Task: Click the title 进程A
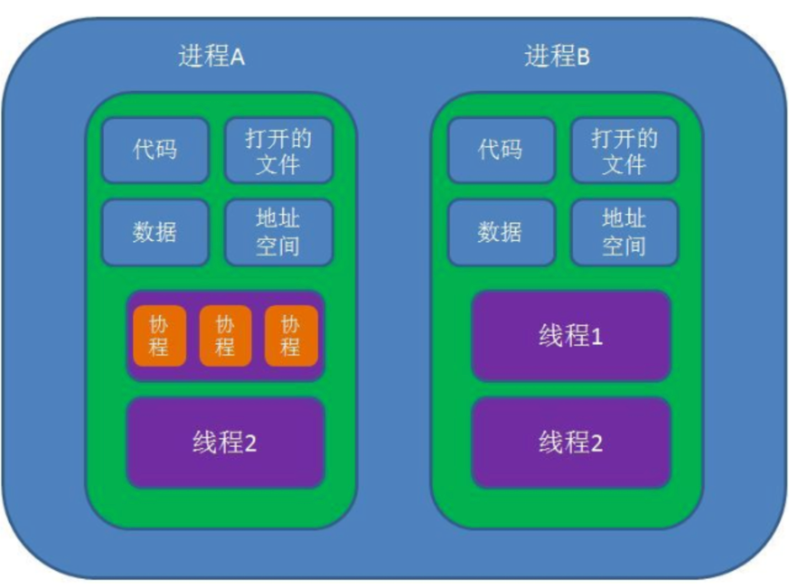212,57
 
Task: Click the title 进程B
557,57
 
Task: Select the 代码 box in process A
155,150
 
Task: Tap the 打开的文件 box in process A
279,150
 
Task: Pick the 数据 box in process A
155,233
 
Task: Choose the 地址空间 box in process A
279,233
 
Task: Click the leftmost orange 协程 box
159,335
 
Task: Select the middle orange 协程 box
225,335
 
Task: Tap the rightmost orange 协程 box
291,335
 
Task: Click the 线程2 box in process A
225,443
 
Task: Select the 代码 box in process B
501,150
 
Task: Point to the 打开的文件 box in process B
624,150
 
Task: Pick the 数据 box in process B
501,233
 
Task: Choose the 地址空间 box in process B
624,233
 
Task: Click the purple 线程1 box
571,335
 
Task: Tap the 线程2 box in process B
571,443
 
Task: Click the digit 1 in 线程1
596,337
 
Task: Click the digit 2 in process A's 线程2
251,443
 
